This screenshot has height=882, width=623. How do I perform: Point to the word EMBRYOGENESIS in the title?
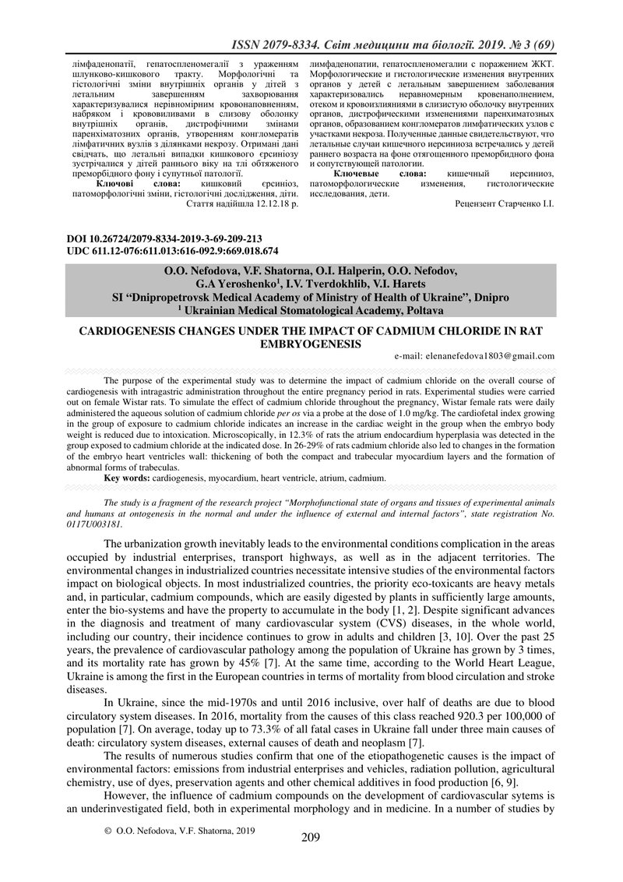311,343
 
